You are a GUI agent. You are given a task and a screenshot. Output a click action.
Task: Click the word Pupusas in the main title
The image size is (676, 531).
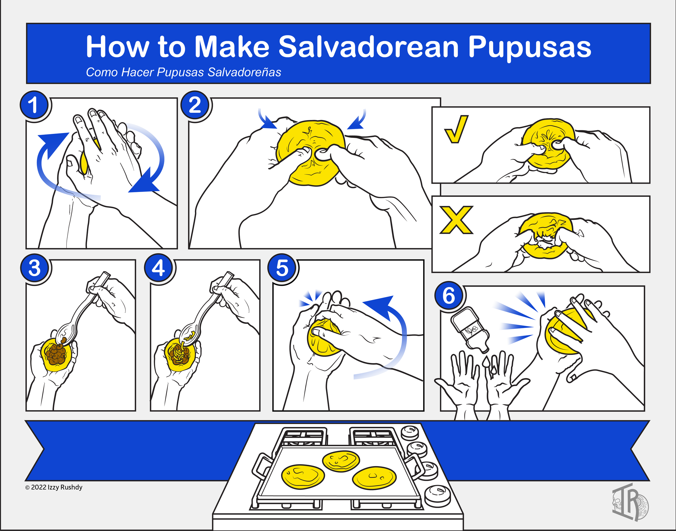529,47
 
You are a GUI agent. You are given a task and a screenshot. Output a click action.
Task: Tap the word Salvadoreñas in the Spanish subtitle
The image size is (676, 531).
244,72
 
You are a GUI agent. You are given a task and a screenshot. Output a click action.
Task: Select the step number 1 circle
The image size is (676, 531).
34,105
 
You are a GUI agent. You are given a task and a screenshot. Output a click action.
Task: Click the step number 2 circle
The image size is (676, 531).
195,105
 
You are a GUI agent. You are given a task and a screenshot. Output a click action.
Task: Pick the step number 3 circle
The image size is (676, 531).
35,268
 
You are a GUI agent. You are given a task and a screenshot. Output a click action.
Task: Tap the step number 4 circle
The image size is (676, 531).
158,268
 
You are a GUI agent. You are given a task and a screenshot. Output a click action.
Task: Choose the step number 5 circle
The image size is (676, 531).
282,268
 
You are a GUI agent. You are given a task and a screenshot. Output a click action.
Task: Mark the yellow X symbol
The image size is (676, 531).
456,220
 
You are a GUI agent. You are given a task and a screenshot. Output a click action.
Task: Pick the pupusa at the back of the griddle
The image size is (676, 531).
341,460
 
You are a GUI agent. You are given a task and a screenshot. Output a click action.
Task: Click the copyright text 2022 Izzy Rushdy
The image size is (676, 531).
54,487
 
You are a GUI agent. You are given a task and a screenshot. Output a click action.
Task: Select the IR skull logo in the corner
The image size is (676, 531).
630,502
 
